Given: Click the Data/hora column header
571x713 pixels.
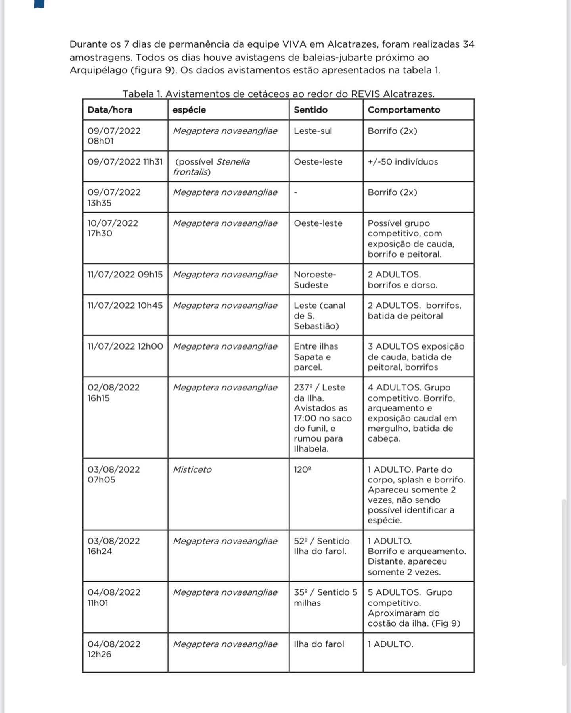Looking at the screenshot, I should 110,110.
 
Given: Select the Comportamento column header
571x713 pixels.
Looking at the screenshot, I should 404,110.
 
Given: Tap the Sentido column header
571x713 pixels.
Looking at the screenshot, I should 310,110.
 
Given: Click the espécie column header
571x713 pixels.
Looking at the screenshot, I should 189,110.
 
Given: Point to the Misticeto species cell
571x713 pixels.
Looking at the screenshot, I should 192,469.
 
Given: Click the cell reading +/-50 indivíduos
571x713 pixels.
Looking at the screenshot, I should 402,162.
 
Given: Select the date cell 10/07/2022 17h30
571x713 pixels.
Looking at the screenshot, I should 113,228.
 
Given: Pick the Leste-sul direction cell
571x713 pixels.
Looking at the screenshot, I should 313,131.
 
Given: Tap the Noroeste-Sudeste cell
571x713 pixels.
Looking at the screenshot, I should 314,280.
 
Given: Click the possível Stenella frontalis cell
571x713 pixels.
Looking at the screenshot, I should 212,167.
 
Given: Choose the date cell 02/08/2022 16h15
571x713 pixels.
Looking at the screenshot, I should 113,392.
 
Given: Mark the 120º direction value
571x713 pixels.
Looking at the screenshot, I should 302,469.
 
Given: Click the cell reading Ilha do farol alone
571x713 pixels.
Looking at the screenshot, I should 319,644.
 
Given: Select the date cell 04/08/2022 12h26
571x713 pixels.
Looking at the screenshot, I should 114,649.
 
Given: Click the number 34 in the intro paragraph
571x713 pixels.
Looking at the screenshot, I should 468,44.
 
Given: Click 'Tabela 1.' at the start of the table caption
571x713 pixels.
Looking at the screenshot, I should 142,94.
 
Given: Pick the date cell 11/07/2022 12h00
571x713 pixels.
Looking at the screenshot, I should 125,346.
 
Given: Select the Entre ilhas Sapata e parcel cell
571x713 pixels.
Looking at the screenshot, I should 316,357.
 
